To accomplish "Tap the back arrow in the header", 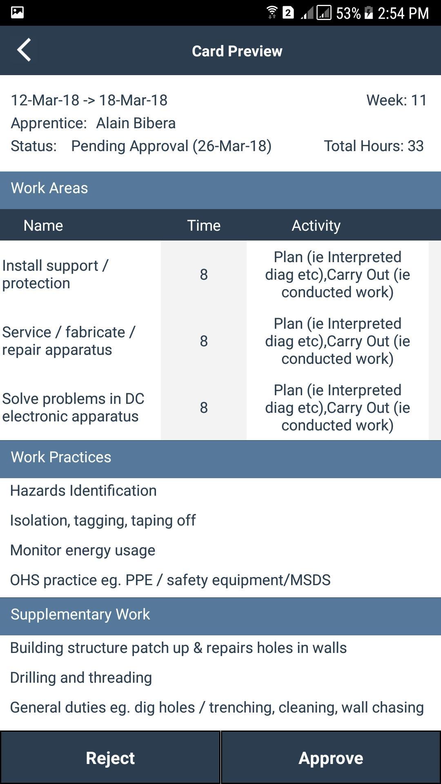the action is pos(24,50).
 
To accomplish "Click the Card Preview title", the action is pos(237,51).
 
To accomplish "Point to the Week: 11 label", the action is pos(396,100).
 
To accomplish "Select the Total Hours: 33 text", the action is pos(374,146).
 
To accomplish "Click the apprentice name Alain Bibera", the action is pos(136,123).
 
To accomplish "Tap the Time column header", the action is pos(204,225).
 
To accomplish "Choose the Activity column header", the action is pos(316,225).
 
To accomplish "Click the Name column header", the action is pos(43,225).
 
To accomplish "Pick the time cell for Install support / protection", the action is pos(204,274).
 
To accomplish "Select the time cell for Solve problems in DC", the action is pos(204,408).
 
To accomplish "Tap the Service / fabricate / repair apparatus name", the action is pos(69,341).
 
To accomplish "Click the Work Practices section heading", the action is pos(61,457).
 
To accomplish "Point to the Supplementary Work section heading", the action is pos(80,614).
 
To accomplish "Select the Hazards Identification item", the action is pos(83,490).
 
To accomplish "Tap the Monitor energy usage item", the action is pos(82,550).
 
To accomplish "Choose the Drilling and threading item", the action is pos(81,677).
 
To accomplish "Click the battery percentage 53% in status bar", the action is pos(348,13).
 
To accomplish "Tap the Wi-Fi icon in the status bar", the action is pos(272,13).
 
